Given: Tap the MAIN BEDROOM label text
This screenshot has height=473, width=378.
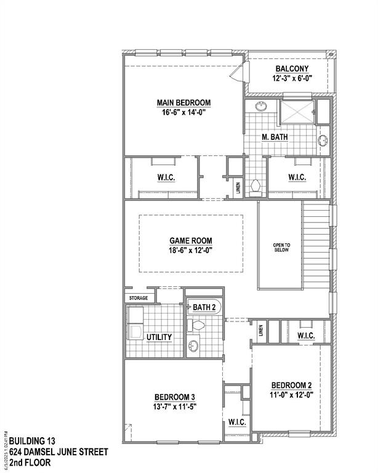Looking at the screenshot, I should pos(183,102).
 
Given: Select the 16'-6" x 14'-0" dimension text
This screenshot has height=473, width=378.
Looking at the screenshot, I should pos(183,112).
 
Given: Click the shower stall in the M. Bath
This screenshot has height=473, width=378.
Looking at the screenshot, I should pos(297,112).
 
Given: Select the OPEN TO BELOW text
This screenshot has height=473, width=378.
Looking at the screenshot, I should pos(281,248).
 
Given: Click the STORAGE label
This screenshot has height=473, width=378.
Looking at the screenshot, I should pos(138,298).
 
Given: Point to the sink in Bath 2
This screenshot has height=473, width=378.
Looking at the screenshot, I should pos(193,346).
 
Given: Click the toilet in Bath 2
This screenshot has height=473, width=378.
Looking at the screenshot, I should pos(198,325).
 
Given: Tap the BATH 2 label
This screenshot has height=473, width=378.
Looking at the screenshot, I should pos(204,307).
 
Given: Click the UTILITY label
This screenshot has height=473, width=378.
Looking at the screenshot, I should pos(159,337).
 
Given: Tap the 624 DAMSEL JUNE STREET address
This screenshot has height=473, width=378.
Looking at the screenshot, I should pos(58,451).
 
